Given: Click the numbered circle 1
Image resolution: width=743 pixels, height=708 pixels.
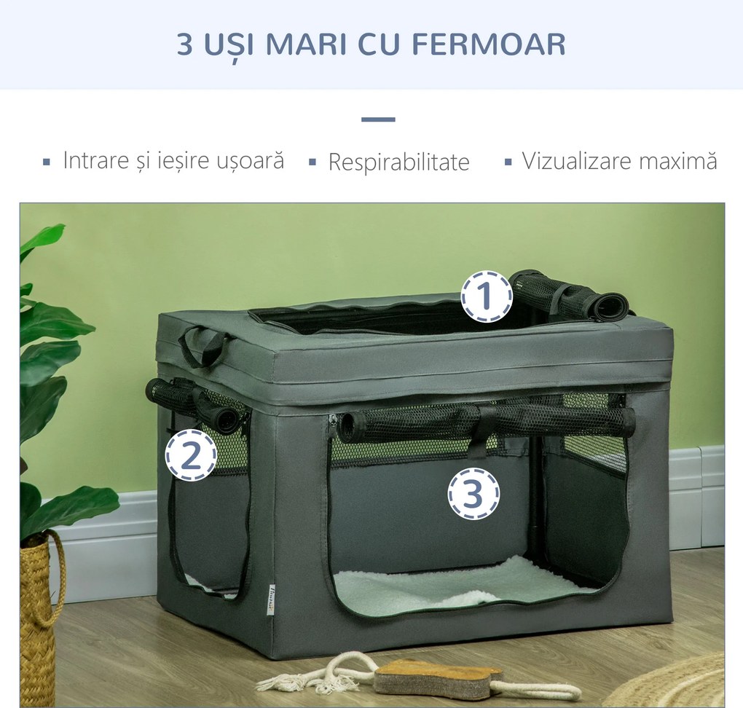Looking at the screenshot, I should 486,296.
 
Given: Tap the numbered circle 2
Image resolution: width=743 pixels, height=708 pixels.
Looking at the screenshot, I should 191,455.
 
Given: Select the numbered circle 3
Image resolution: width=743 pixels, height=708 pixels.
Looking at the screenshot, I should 473,494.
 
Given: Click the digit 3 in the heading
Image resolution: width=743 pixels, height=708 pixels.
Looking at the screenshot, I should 185,44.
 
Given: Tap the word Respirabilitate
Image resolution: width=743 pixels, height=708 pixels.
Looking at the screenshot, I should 398,162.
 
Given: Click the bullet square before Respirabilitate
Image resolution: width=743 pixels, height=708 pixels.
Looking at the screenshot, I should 312,162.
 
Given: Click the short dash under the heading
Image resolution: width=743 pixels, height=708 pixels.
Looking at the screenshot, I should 378,119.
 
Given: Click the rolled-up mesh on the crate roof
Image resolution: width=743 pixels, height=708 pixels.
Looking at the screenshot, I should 568,295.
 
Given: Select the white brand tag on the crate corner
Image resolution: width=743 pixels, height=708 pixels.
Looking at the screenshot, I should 271,599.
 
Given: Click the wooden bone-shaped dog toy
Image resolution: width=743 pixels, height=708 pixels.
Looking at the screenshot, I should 437,677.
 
